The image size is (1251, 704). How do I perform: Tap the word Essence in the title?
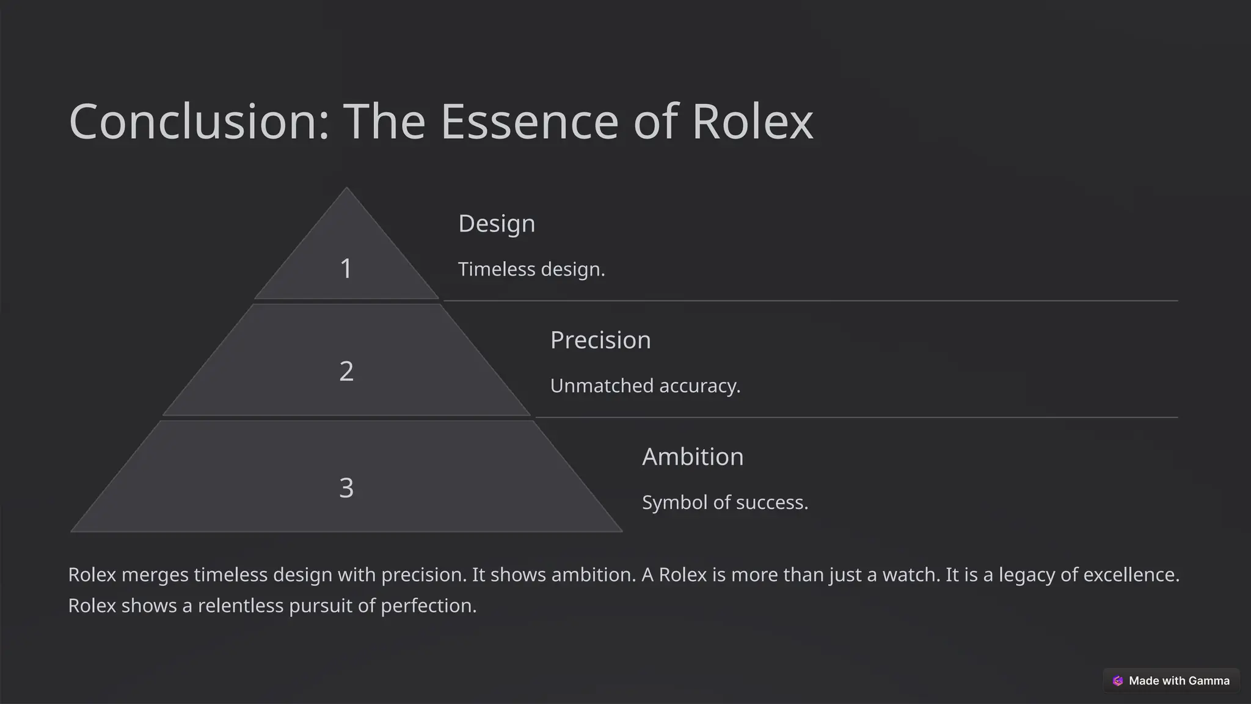click(529, 122)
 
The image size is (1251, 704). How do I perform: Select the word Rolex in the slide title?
click(752, 122)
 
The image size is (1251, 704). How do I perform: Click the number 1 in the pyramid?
click(346, 269)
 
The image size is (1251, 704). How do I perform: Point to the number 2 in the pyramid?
click(346, 372)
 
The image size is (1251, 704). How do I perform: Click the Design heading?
click(497, 224)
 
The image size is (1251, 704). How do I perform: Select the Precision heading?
click(600, 340)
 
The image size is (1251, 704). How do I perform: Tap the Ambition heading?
click(693, 457)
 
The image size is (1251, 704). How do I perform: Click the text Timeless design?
click(531, 269)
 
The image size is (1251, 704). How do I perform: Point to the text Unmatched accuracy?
click(645, 386)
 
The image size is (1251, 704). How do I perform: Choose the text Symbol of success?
click(725, 503)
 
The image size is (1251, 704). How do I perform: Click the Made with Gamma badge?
click(1171, 681)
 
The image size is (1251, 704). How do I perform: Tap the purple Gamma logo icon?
click(1118, 681)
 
